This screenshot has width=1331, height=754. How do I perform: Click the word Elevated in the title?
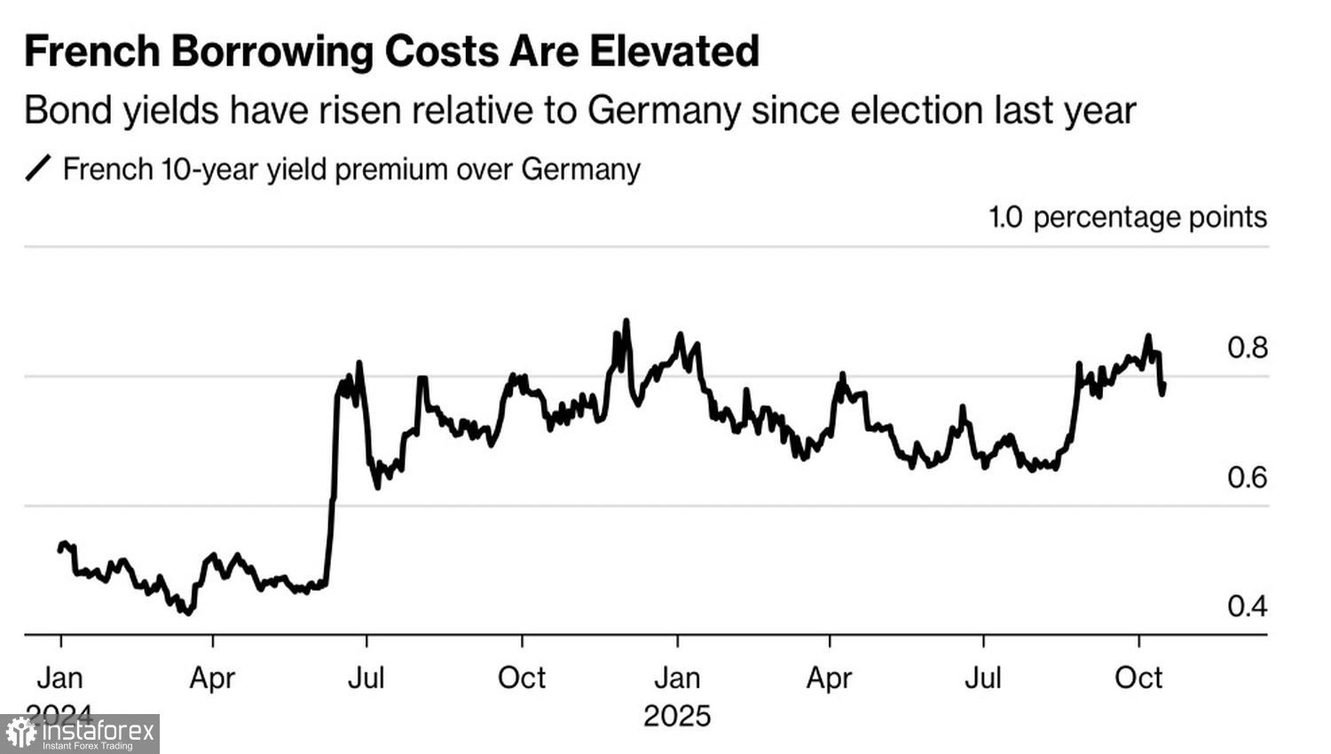tap(675, 51)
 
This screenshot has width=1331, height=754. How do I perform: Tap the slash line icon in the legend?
tap(38, 168)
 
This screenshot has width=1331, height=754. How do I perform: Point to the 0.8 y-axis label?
tap(1247, 348)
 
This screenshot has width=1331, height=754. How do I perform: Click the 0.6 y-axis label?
tap(1247, 477)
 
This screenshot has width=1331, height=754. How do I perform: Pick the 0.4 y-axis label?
tap(1247, 607)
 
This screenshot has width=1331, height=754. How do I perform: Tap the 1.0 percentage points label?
tap(1128, 217)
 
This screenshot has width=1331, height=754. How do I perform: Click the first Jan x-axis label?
tap(59, 678)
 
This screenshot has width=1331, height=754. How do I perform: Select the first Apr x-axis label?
tap(212, 678)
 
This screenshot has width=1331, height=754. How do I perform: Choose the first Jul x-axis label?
tap(366, 678)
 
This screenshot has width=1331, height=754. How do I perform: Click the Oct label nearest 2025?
tap(522, 678)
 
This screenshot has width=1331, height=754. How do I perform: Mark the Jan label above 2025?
tap(677, 678)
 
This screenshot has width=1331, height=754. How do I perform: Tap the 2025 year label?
tap(677, 716)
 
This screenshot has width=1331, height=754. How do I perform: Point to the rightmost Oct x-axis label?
tap(1138, 678)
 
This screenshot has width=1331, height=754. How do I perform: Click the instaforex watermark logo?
tap(80, 734)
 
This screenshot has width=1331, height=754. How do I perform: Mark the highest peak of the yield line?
tap(626, 321)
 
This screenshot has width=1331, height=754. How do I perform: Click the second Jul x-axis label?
tap(983, 678)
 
